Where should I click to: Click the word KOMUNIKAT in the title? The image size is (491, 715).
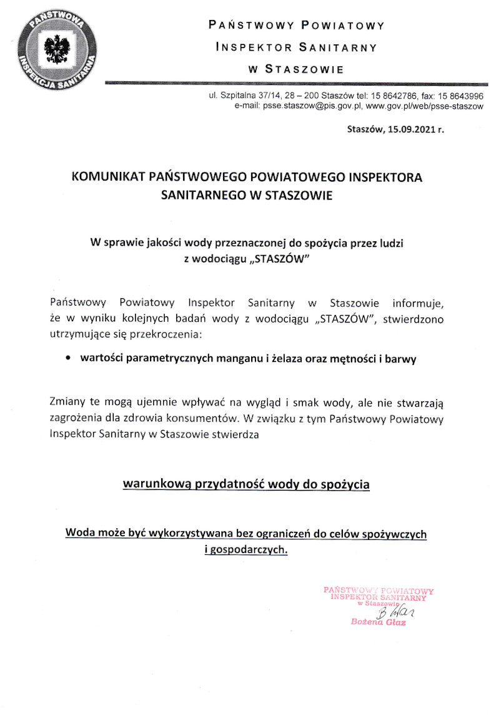pos(109,177)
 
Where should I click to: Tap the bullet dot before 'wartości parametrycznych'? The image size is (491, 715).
pos(68,360)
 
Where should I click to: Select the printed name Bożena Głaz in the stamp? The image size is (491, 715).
pos(379,623)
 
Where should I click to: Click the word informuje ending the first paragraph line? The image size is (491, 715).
pos(418,304)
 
